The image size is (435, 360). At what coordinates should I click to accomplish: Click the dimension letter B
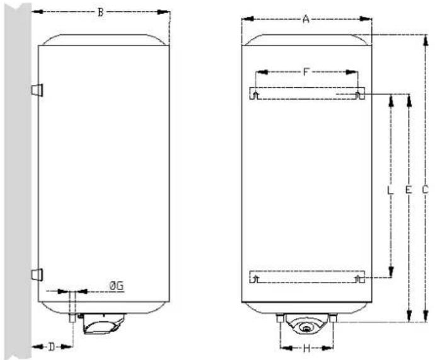tap(101, 13)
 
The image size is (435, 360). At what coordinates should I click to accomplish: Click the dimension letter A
tap(306, 20)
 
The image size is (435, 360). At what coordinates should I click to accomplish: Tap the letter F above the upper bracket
tap(305, 72)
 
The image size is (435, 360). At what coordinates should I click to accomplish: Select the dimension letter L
tap(390, 190)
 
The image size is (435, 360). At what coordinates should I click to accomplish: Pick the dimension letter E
tap(408, 190)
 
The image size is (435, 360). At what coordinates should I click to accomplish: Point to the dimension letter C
tap(425, 190)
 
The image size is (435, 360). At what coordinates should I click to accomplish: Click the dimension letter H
tap(306, 349)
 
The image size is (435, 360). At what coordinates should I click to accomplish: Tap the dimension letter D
tap(52, 347)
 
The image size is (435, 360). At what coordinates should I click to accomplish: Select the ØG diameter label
tap(116, 286)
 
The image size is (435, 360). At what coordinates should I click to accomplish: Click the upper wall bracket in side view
tap(37, 90)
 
